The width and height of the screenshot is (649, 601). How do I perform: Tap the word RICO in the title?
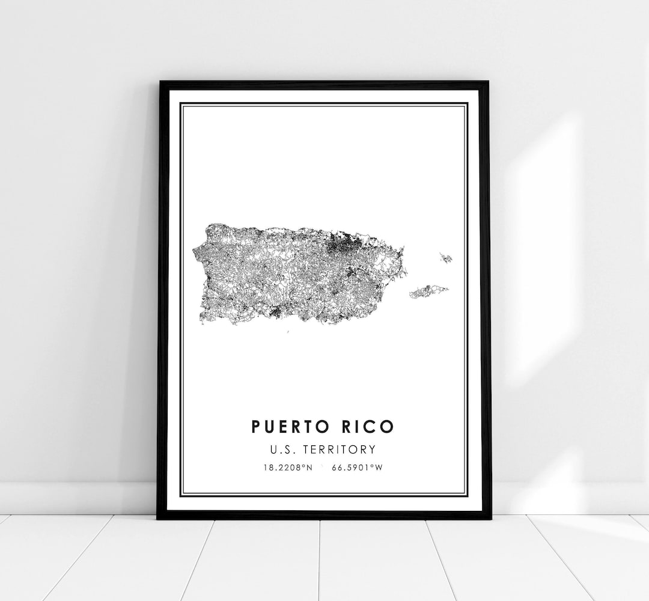[x=368, y=427]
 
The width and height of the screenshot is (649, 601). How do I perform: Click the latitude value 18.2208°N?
[x=287, y=466]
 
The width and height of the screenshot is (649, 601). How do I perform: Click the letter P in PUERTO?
[x=257, y=427]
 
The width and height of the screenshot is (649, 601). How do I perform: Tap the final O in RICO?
[x=388, y=427]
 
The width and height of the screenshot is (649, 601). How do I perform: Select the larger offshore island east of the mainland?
[x=429, y=292]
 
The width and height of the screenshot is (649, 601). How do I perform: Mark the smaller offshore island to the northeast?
[x=446, y=258]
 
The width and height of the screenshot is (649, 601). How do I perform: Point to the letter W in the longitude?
[x=379, y=466]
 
